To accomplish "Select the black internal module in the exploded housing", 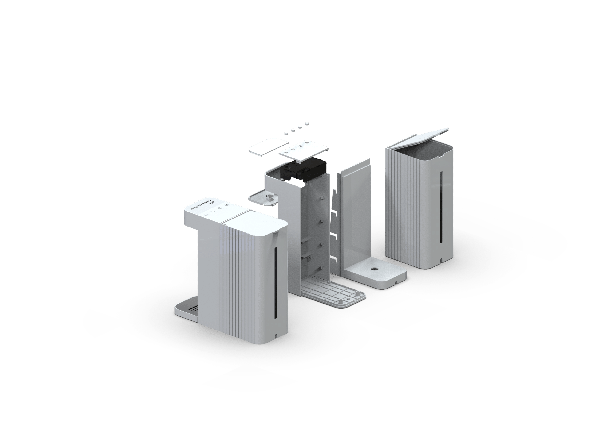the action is [303, 169].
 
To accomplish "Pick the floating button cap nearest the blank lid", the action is [286, 133].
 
